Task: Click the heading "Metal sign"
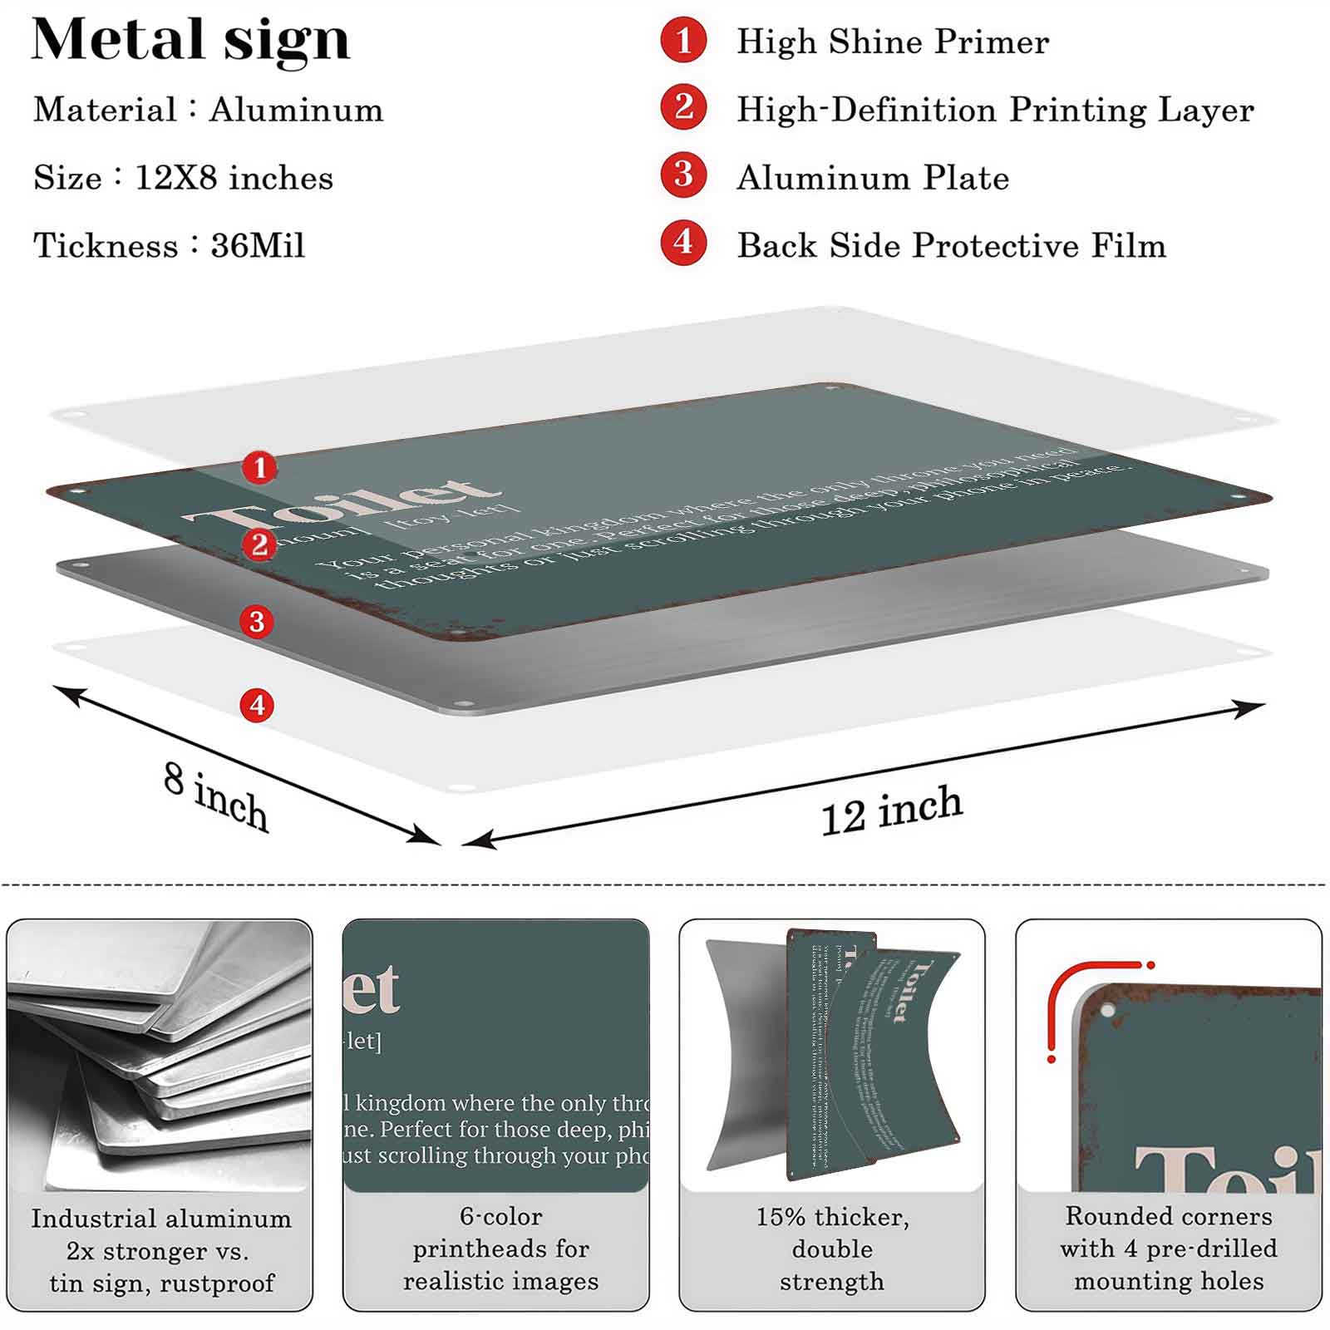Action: tap(190, 41)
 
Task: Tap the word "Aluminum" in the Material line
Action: tap(296, 110)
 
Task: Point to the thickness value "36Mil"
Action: tap(258, 246)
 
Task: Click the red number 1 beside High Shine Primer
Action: tap(683, 41)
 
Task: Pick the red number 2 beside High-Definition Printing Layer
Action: tap(683, 107)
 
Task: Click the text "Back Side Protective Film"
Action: tap(951, 245)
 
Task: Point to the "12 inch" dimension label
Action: tap(891, 810)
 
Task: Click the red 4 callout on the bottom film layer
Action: tap(258, 706)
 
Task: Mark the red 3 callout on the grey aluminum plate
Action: tap(257, 621)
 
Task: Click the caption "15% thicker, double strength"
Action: tap(832, 1249)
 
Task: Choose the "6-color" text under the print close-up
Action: tap(500, 1217)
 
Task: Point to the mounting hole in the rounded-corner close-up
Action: tap(1107, 1012)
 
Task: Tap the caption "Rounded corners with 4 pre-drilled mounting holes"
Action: tap(1169, 1249)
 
